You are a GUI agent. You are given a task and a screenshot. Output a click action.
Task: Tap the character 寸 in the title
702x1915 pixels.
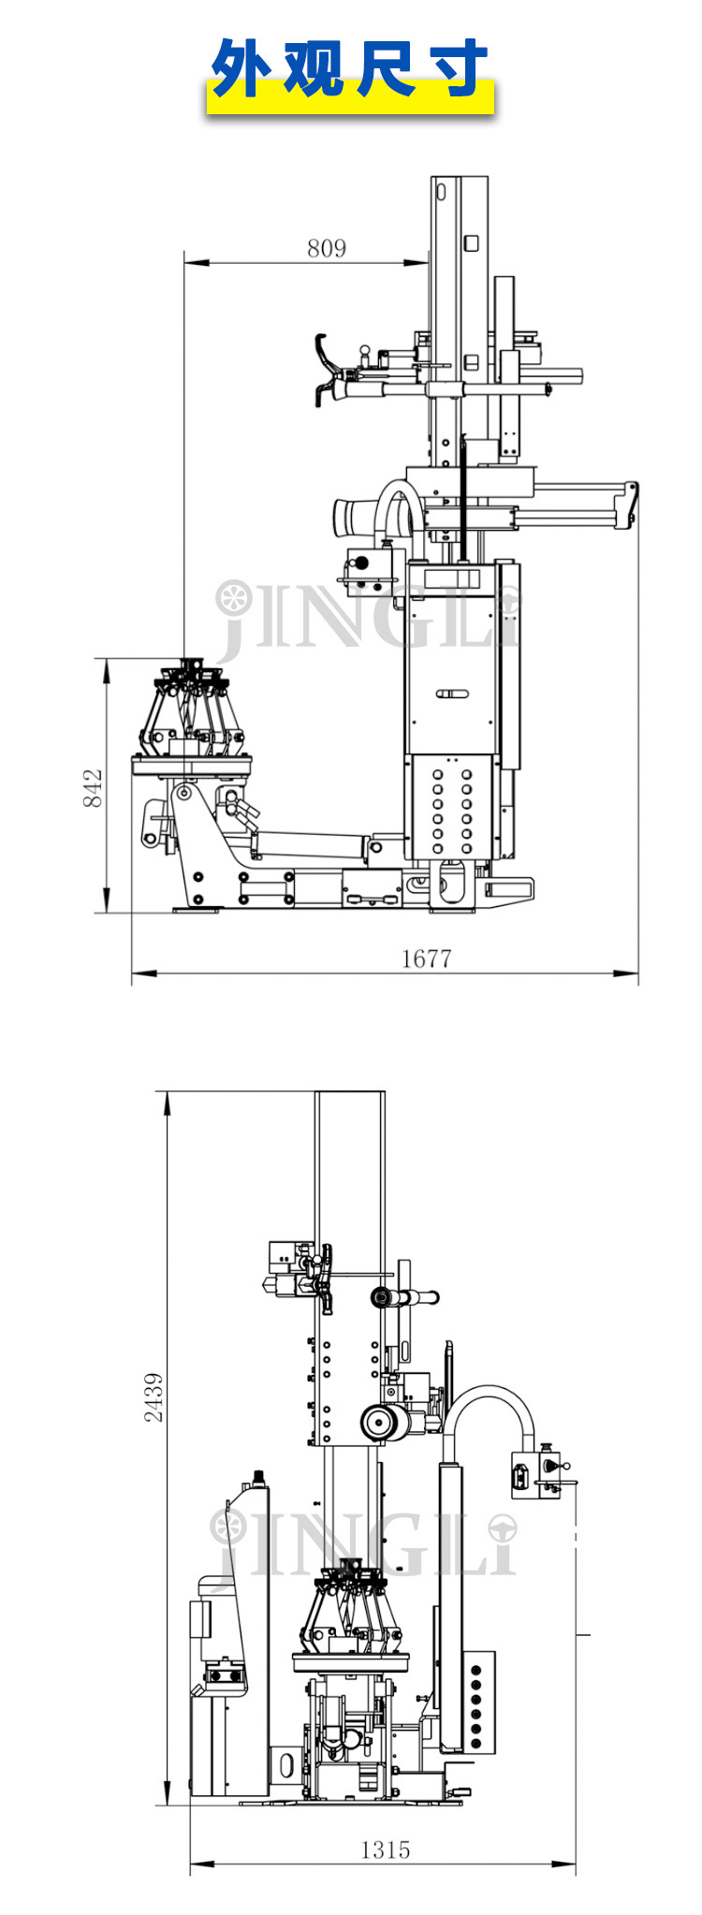click(455, 68)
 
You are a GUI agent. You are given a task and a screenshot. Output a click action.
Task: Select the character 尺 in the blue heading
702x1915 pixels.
click(384, 68)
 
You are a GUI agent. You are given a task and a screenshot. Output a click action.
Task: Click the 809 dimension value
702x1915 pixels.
click(326, 248)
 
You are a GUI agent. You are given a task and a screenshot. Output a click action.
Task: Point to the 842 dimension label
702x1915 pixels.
click(93, 788)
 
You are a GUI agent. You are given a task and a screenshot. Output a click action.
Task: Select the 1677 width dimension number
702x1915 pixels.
click(426, 957)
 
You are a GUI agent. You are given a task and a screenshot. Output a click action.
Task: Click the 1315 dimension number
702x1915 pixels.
click(385, 1849)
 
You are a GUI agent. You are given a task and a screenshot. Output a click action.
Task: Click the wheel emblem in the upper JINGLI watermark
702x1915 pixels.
click(234, 598)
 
